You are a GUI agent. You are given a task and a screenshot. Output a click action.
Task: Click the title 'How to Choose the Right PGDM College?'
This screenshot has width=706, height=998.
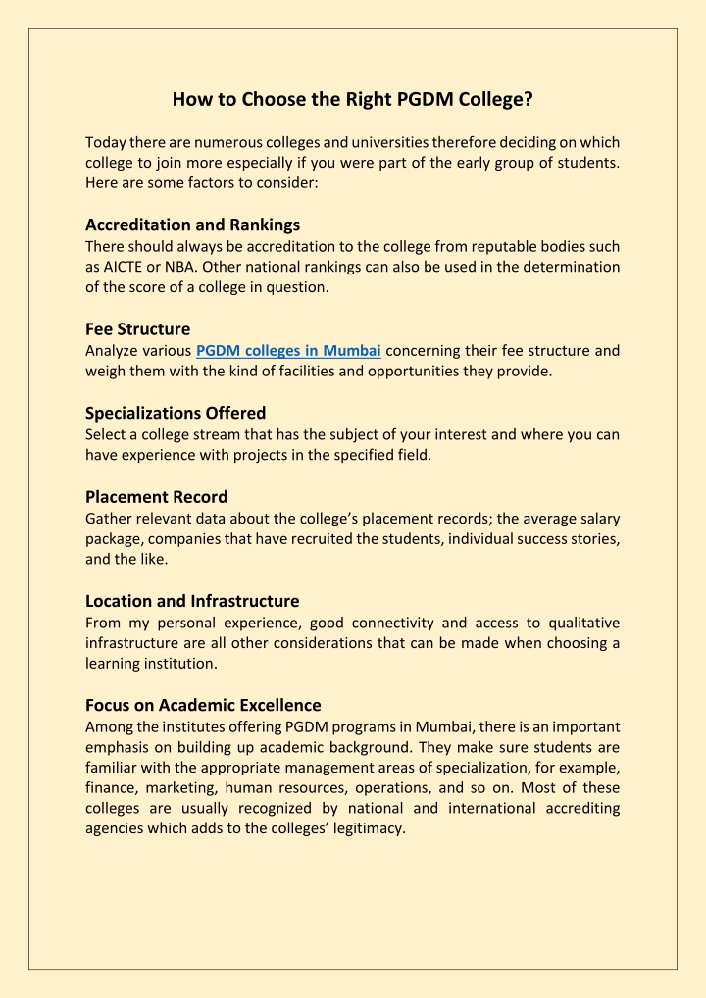[x=353, y=99]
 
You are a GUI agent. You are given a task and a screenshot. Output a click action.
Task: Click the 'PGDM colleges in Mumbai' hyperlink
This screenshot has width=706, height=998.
[x=288, y=351]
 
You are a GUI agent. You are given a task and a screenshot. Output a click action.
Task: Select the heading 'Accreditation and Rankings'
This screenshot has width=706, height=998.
[x=192, y=225]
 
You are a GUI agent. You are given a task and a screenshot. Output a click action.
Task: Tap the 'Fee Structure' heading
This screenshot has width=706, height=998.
[x=137, y=328]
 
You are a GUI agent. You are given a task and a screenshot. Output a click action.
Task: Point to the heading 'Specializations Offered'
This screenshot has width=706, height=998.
[x=176, y=413]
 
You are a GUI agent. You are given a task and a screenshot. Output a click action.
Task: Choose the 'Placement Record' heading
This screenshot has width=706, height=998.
[x=156, y=497]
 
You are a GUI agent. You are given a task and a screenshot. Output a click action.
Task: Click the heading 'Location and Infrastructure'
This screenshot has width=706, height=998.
[x=192, y=601]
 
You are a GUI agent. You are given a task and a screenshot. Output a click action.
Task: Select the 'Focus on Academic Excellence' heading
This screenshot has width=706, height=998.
[x=203, y=705]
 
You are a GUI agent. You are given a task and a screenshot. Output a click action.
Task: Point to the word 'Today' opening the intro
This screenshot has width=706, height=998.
[x=106, y=142]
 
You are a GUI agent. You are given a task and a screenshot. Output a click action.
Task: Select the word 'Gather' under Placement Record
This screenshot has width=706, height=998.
[x=109, y=519]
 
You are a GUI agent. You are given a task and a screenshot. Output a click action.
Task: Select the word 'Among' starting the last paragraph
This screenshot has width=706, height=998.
[x=109, y=726]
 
